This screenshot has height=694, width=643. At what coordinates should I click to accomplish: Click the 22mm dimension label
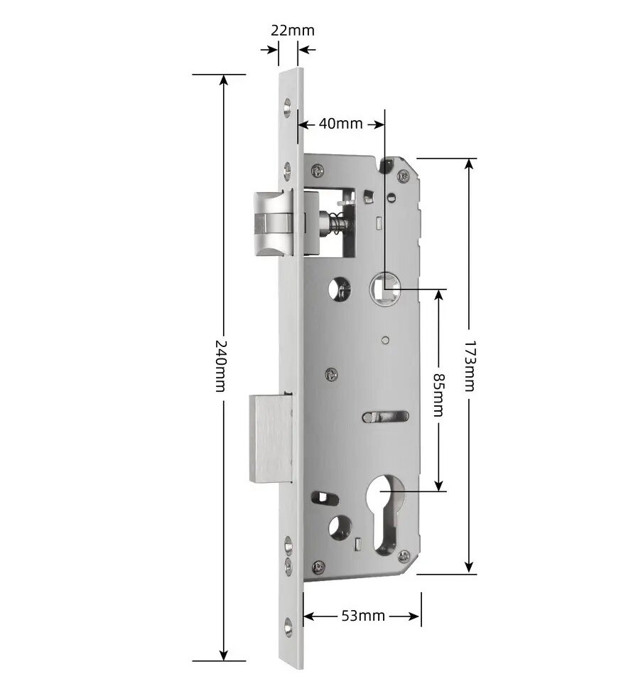coord(293,31)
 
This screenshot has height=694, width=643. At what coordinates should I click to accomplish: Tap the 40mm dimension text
coord(340,124)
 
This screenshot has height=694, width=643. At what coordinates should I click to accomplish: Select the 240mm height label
coord(221,365)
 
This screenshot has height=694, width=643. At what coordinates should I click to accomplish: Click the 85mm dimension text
coord(438,395)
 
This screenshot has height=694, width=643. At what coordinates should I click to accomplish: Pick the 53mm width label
coord(363,616)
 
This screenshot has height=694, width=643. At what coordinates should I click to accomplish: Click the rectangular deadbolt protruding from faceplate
coord(271,439)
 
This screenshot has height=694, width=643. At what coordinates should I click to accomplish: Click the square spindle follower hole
coord(385,289)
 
